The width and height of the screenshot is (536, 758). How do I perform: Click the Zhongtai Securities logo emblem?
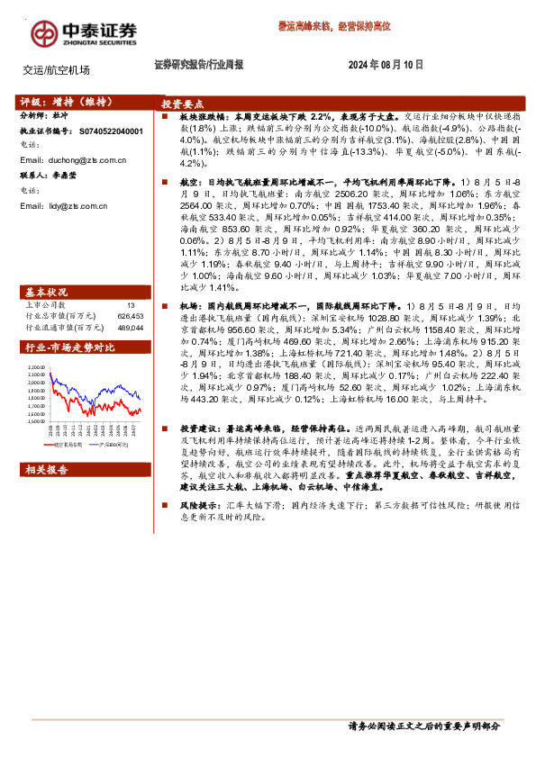click(x=44, y=32)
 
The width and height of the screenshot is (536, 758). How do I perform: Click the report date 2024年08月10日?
click(x=386, y=65)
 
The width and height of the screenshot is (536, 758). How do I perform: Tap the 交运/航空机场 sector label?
click(x=57, y=69)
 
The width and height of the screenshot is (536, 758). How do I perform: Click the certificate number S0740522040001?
click(x=111, y=131)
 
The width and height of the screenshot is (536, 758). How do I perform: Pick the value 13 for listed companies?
click(x=131, y=281)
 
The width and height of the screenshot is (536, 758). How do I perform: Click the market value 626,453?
click(x=130, y=291)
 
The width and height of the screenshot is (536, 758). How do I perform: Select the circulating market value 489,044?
click(x=130, y=302)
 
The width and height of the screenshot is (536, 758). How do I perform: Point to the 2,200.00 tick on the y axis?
click(x=37, y=368)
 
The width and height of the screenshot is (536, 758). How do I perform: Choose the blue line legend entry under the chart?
click(x=108, y=445)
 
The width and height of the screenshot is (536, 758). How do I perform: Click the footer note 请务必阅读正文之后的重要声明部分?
click(x=423, y=726)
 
